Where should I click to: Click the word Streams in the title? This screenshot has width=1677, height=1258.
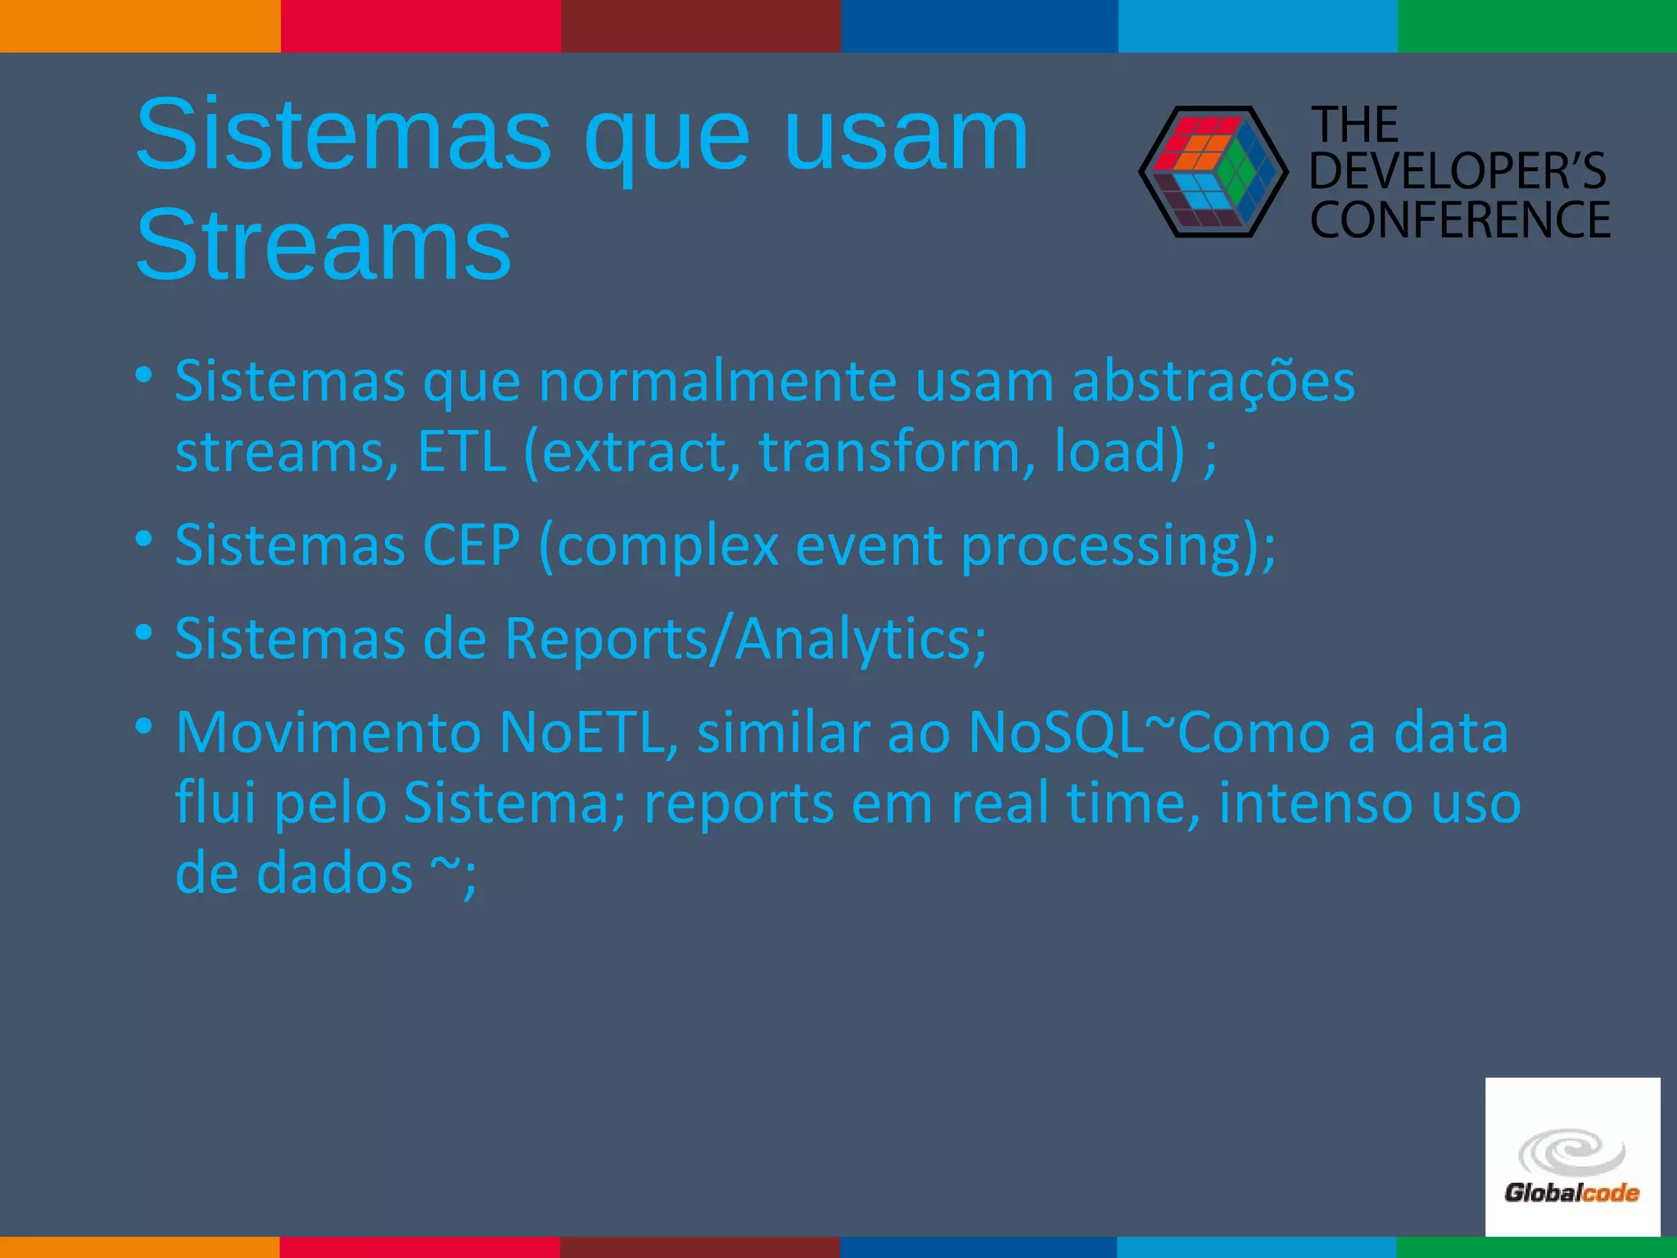(x=323, y=245)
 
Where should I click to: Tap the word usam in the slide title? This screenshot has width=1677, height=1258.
(x=905, y=134)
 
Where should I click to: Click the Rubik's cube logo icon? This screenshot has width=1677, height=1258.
(x=1213, y=172)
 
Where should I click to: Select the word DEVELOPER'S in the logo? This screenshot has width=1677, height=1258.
(x=1458, y=171)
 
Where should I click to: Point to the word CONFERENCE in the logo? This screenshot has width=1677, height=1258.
(x=1460, y=219)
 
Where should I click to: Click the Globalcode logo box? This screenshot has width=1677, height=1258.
(x=1572, y=1156)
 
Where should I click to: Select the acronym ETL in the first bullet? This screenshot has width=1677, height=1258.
(x=462, y=451)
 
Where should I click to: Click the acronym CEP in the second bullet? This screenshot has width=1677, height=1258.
(x=471, y=545)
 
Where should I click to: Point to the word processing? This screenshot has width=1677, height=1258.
(x=1101, y=546)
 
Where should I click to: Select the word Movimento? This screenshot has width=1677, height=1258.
(x=328, y=732)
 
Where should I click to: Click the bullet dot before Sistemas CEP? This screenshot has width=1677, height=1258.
(x=144, y=539)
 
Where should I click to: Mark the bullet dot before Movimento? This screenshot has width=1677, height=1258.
(x=144, y=726)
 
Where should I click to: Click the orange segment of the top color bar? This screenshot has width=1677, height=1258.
(x=139, y=25)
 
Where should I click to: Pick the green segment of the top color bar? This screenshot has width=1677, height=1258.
(x=1537, y=25)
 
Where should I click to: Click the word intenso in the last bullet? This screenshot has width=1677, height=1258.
(x=1315, y=803)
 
